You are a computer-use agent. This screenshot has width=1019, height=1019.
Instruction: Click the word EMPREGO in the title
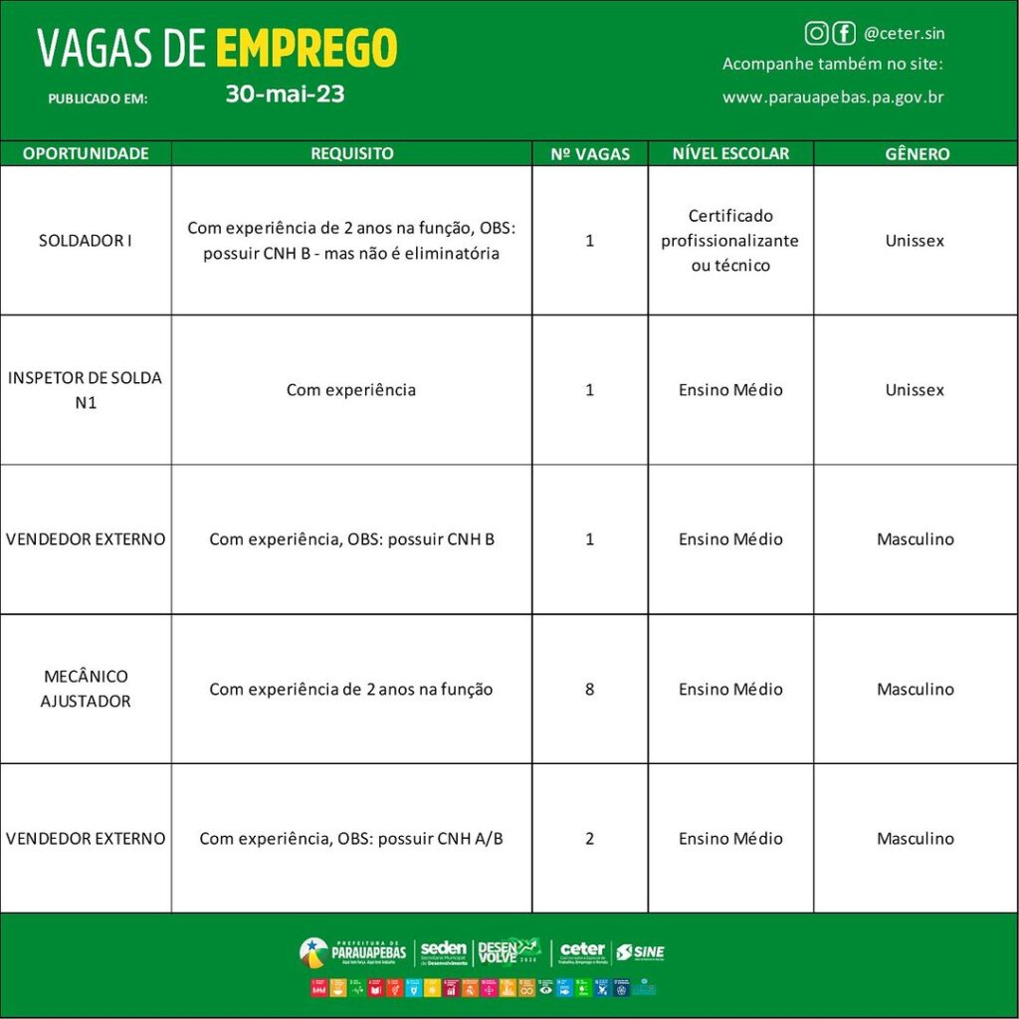306,48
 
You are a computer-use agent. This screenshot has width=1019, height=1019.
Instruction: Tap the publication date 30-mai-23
285,95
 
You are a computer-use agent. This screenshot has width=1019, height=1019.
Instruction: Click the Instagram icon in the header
816,34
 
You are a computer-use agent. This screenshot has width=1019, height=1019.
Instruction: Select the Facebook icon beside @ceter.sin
843,34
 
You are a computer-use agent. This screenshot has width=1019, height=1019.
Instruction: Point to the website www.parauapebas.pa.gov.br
833,98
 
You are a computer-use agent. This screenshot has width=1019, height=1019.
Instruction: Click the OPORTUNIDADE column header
86,153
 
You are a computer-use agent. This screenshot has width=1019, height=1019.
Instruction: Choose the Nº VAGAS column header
590,154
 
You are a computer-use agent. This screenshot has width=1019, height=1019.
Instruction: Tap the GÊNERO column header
917,154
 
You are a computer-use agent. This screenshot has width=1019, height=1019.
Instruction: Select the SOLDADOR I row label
86,241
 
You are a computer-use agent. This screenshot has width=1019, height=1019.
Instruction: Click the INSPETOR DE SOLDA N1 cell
86,390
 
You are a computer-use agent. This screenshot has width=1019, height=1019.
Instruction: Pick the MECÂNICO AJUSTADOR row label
86,689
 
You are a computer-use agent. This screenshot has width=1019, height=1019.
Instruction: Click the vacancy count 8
590,689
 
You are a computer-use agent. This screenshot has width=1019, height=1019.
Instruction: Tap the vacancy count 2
590,838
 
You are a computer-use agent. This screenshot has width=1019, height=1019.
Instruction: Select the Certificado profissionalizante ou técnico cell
730,241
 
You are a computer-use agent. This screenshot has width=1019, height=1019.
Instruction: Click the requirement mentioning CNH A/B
351,838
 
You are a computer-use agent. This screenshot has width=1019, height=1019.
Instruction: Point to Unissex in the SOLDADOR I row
915,241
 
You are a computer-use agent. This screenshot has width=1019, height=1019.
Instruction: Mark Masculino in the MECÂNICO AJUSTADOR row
915,689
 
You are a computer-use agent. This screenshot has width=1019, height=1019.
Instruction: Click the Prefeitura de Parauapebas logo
353,952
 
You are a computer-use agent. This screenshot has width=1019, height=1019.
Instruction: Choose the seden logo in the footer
443,952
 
